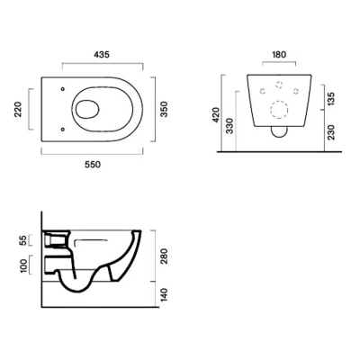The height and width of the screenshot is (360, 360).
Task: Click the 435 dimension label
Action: (x=102, y=55)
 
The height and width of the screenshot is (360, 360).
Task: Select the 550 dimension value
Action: (x=93, y=165)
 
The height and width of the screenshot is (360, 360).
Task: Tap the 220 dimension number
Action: (x=19, y=110)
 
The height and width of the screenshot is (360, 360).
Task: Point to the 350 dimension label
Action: (x=164, y=110)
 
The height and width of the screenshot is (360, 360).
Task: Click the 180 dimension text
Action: (x=279, y=55)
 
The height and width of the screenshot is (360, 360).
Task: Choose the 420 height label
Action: (x=216, y=115)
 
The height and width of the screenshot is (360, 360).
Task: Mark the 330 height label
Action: (x=229, y=126)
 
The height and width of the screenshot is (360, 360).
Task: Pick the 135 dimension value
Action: (x=331, y=99)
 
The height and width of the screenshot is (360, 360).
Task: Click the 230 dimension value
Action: (x=331, y=132)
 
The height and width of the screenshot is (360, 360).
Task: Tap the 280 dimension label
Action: (x=164, y=256)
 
